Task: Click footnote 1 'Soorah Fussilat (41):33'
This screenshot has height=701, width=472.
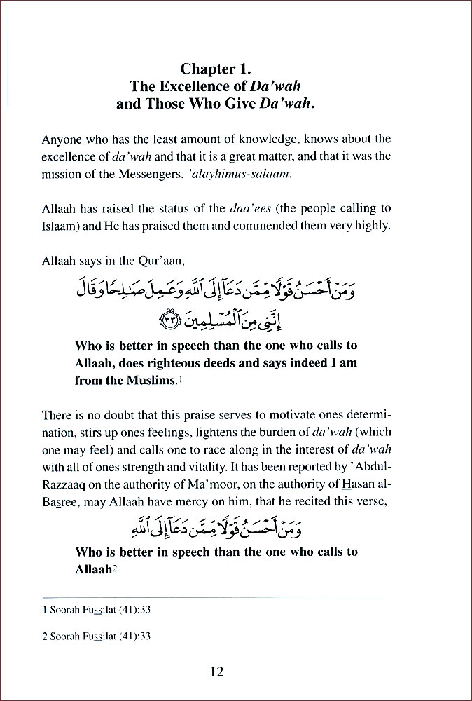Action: pyautogui.click(x=97, y=610)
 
